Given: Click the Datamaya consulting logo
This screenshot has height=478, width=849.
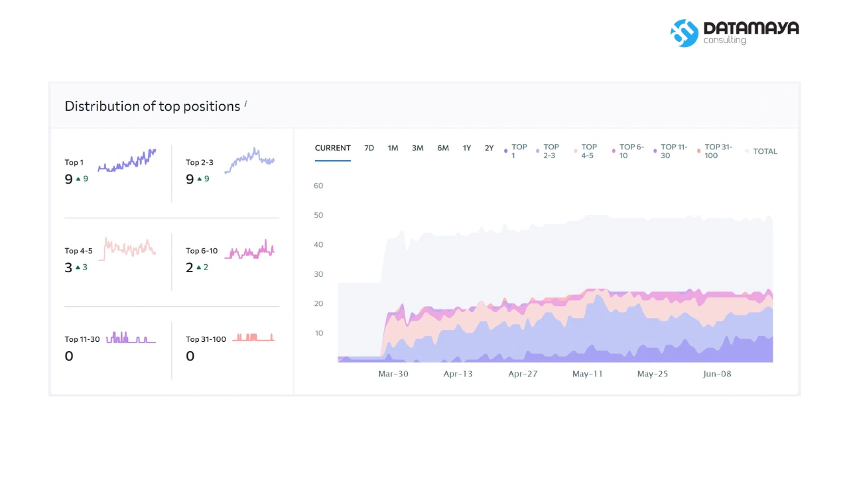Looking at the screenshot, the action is [x=734, y=33].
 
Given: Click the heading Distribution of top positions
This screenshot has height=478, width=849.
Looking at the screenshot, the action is [x=152, y=106].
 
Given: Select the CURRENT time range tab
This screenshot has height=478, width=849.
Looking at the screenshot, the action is [x=332, y=148].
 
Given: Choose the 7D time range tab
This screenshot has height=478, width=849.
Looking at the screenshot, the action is [x=369, y=148].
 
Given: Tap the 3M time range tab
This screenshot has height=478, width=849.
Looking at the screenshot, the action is [x=418, y=148].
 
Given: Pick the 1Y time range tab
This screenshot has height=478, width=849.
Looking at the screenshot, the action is [x=466, y=148].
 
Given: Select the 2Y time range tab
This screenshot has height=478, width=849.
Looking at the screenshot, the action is [x=489, y=148].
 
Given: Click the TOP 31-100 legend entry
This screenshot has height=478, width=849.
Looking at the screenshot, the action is [x=714, y=151].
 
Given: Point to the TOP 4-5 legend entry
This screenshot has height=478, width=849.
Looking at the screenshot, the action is [x=586, y=151].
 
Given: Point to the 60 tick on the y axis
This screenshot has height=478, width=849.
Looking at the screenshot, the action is [x=318, y=185].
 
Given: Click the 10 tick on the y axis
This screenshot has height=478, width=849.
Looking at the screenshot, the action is [x=319, y=333].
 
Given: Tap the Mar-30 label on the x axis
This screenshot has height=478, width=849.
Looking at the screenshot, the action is [x=393, y=374].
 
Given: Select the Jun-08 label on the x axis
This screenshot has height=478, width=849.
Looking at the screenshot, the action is [x=717, y=374].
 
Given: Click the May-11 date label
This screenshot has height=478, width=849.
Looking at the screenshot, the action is [x=587, y=374].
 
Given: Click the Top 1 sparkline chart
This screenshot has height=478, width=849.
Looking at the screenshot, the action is [x=127, y=161].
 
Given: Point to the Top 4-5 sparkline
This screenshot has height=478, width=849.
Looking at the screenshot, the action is [x=127, y=249].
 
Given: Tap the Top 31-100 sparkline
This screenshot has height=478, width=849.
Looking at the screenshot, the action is [x=253, y=337].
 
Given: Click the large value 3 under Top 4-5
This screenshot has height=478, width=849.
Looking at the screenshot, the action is [x=68, y=268].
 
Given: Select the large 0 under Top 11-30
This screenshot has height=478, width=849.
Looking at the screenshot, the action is [x=68, y=356].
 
